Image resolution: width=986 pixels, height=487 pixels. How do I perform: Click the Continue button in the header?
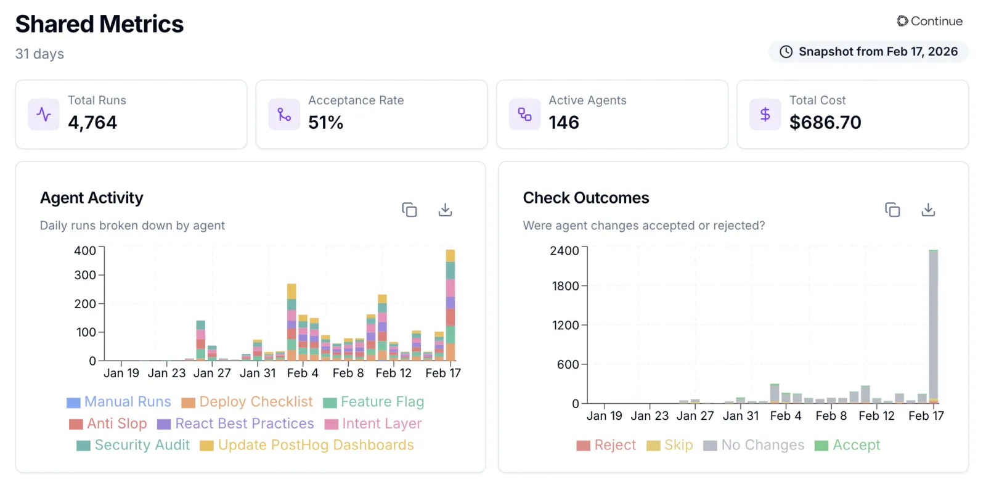(x=930, y=21)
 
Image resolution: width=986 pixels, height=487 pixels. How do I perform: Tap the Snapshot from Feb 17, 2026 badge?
(x=868, y=52)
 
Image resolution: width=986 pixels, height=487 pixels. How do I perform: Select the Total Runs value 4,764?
(x=92, y=123)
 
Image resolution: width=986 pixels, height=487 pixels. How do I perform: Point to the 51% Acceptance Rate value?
(x=326, y=123)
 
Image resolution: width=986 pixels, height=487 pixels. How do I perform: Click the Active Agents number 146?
(x=564, y=123)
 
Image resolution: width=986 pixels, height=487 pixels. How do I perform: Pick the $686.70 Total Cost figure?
(x=825, y=123)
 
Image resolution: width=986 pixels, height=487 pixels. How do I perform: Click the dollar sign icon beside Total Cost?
(x=765, y=115)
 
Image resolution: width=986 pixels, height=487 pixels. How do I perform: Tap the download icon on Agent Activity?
(x=445, y=210)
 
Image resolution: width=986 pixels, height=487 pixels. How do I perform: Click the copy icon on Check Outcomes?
(x=892, y=210)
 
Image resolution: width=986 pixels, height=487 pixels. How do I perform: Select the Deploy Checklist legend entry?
(x=247, y=401)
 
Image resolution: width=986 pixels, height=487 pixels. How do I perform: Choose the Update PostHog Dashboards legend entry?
(x=307, y=444)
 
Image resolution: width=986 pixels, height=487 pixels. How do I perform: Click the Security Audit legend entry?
(x=133, y=444)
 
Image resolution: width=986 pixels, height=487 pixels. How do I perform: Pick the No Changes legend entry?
(x=754, y=444)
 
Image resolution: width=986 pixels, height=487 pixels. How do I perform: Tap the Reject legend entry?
(x=606, y=444)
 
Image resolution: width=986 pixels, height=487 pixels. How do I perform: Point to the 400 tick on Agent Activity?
(x=85, y=250)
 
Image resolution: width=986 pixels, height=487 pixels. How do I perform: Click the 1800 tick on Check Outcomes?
(x=565, y=286)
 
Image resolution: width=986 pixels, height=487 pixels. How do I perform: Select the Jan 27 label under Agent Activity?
(x=212, y=373)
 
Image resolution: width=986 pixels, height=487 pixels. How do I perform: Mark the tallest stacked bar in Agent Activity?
(x=450, y=305)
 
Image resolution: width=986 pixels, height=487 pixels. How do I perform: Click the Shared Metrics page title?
(x=99, y=24)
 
